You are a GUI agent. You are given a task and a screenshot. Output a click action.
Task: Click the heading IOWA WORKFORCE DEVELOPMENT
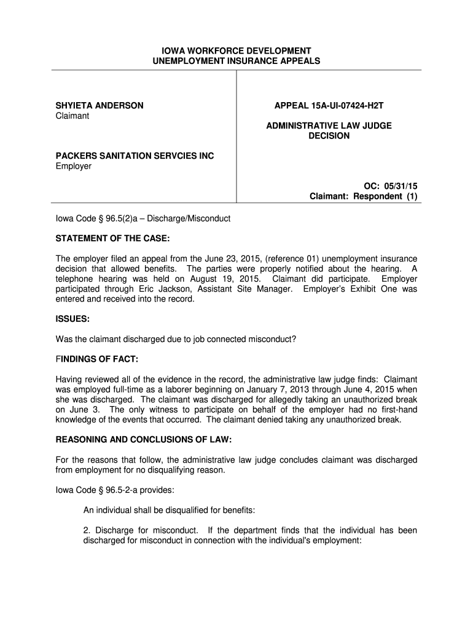237,50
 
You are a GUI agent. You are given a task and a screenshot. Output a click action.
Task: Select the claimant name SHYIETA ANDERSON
100,106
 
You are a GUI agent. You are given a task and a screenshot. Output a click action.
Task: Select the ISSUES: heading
73,319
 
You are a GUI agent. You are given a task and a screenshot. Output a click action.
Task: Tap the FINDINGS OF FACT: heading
97,359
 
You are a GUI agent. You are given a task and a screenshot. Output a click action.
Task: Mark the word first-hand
397,410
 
